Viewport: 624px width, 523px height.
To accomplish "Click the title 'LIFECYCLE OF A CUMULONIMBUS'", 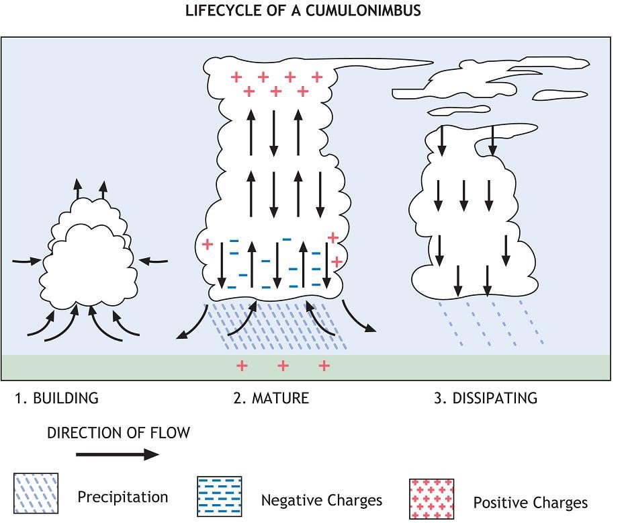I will [x=304, y=11].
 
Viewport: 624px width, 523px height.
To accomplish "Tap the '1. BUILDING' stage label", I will [x=56, y=398].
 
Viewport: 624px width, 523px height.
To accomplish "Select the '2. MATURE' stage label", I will [x=271, y=398].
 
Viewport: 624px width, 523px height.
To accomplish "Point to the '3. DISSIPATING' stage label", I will [x=486, y=398].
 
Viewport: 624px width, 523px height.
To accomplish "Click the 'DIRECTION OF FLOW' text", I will [x=118, y=433].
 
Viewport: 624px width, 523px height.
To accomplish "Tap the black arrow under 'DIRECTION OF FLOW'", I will [x=117, y=455].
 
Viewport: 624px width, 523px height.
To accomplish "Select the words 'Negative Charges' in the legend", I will [x=321, y=500].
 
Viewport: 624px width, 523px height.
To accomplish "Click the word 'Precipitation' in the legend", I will [x=122, y=497].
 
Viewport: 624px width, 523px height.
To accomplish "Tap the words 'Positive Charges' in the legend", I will [x=530, y=502].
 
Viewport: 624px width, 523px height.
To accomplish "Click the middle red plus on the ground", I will [x=283, y=366].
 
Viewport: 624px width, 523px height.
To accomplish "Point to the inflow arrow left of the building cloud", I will [x=28, y=259].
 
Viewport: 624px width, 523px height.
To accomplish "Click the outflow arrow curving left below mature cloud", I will [x=191, y=324].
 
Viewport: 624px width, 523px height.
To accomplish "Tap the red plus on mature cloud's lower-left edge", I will [x=208, y=243].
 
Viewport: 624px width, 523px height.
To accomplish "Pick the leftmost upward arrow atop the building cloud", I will [x=78, y=188].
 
